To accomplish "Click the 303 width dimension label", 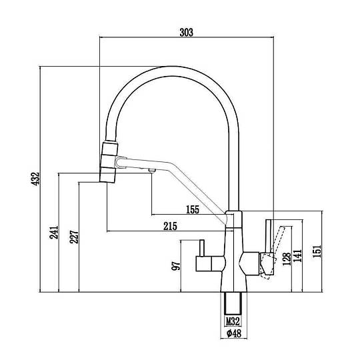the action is [x=186, y=33].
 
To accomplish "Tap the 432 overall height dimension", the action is [x=36, y=179].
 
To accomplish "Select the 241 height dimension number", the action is [x=54, y=233].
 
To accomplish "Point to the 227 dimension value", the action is [x=74, y=237].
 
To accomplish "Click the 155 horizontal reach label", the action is [x=193, y=209].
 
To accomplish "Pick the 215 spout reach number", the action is [x=171, y=226].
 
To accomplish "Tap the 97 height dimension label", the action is [x=176, y=266].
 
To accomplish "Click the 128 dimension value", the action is [x=287, y=259].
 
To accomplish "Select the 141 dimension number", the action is [x=298, y=256].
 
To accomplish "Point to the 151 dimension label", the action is [x=317, y=251].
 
